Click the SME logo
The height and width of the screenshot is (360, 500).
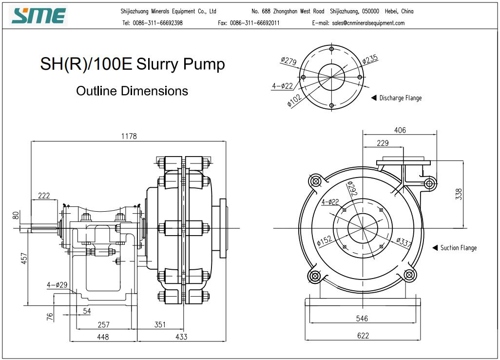click(39, 16)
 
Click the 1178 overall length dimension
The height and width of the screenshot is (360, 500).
click(129, 137)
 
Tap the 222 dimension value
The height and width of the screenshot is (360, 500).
click(44, 196)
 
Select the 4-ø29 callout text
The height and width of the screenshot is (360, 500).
click(57, 284)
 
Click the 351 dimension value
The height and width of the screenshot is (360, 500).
click(160, 324)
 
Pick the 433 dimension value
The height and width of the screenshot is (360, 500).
click(181, 337)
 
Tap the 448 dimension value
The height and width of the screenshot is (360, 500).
click(103, 337)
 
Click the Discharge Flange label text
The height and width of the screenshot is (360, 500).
click(400, 98)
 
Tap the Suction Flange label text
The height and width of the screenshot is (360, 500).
click(458, 248)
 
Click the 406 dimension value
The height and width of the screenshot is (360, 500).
click(400, 130)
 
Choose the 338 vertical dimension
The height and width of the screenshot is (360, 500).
click(458, 194)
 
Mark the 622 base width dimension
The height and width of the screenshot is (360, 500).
click(363, 336)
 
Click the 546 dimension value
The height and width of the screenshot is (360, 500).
click(362, 319)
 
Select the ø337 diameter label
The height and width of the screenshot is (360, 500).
click(404, 242)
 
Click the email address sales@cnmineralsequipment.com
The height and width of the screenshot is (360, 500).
click(368, 23)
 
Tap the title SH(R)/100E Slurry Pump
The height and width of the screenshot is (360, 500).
click(132, 64)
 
